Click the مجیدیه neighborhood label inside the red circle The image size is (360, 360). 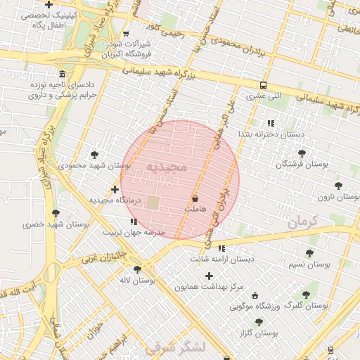[x=167, y=167]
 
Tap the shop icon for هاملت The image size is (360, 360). [x=194, y=200]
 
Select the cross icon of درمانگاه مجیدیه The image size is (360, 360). [x=115, y=189]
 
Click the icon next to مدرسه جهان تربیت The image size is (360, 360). [x=134, y=222]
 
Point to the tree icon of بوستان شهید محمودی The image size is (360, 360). [x=95, y=155]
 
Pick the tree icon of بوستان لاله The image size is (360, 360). [x=137, y=269]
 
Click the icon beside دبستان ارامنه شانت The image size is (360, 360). [x=221, y=248]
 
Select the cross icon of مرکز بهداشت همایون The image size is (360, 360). [x=209, y=276]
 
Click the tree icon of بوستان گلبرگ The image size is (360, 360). [x=305, y=295]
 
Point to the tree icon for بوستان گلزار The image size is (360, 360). [x=259, y=321]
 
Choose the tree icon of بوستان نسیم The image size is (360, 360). [x=309, y=253]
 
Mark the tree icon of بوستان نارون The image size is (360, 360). [x=338, y=186]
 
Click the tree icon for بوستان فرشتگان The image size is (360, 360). [x=302, y=153]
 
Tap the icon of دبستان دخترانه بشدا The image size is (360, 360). [x=271, y=123]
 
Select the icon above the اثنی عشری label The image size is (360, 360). [x=263, y=84]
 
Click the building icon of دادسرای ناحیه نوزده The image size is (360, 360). [x=63, y=74]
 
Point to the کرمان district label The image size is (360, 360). [x=302, y=221]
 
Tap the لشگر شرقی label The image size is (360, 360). [x=174, y=347]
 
